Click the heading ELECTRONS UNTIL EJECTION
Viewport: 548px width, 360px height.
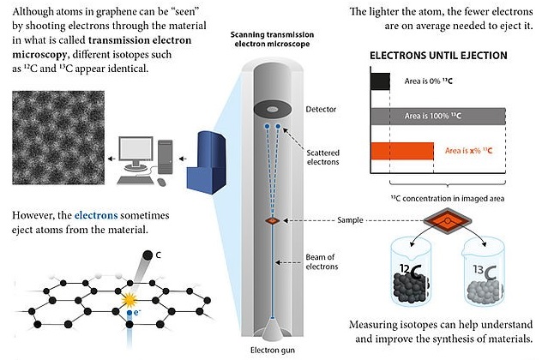click(437, 56)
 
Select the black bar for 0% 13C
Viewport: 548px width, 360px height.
click(379, 81)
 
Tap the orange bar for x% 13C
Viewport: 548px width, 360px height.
click(402, 152)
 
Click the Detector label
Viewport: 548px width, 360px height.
click(322, 111)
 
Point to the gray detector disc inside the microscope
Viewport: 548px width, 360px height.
click(273, 110)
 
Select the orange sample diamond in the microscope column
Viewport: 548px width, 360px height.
click(272, 221)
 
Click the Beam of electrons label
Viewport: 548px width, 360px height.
click(324, 262)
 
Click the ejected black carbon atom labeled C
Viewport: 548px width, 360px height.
click(148, 255)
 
